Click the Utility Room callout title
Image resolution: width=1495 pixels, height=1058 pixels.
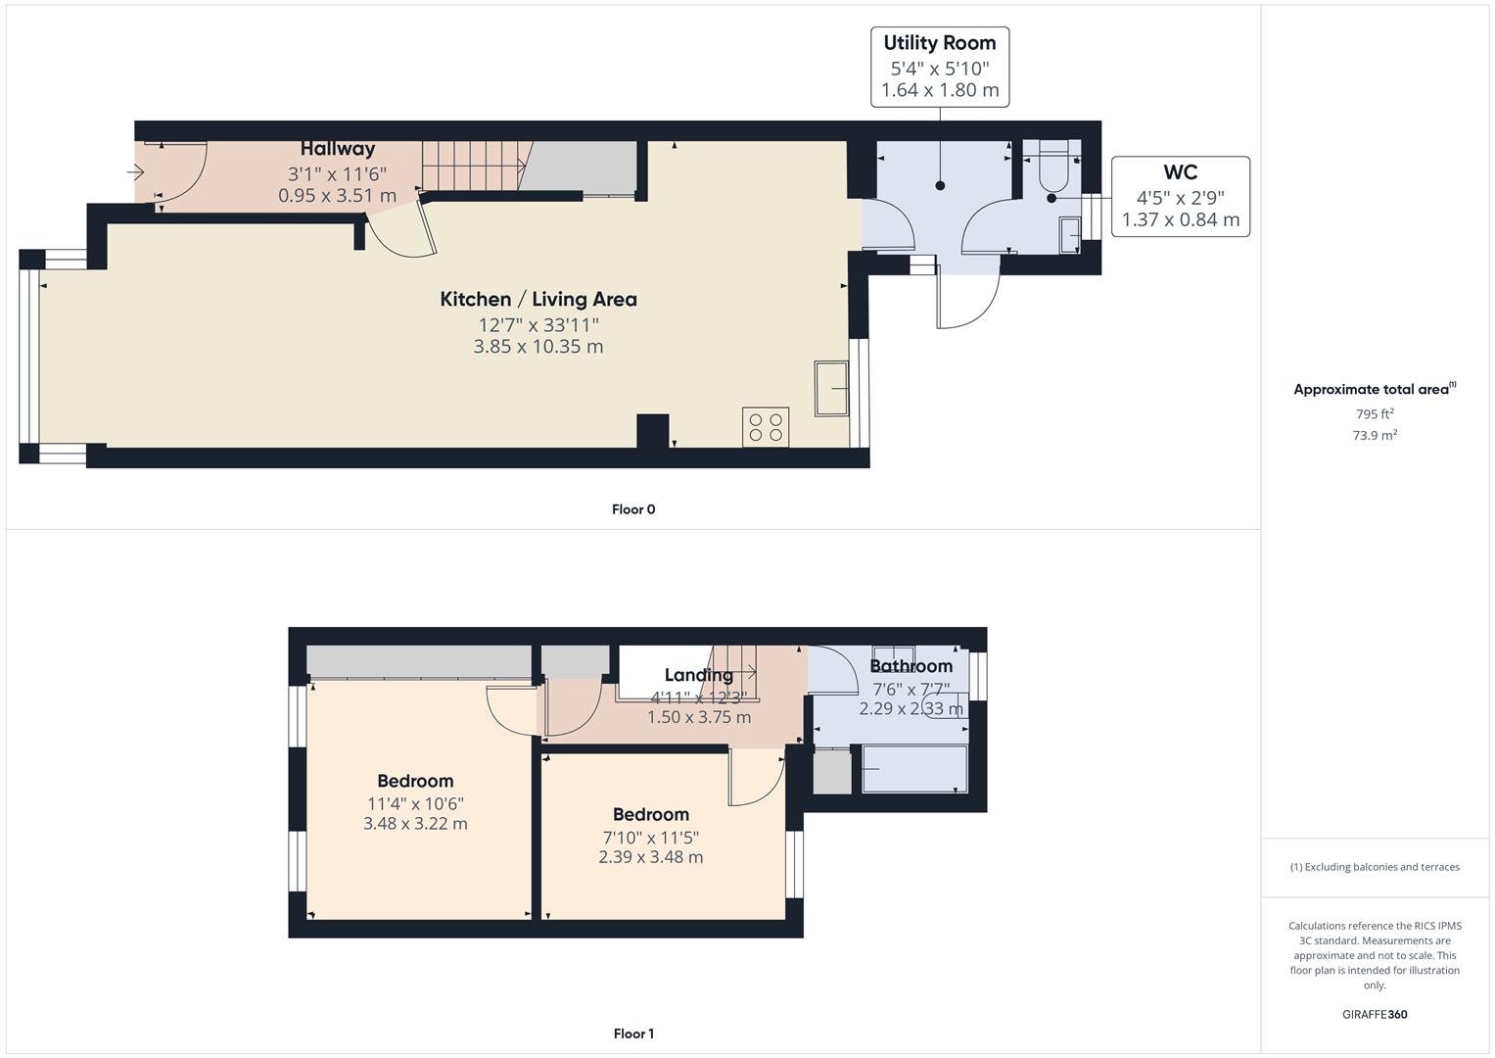click(x=939, y=43)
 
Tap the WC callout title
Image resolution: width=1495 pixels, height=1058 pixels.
click(x=1180, y=172)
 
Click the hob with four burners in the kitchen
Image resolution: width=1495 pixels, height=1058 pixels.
click(x=766, y=427)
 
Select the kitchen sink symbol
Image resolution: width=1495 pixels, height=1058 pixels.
click(x=831, y=389)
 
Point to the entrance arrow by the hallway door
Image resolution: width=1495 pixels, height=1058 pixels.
click(x=135, y=173)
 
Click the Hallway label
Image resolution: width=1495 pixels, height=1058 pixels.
click(x=337, y=149)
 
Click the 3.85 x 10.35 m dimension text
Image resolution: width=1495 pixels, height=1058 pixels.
click(x=537, y=347)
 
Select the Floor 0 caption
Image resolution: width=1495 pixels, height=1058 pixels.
click(x=633, y=509)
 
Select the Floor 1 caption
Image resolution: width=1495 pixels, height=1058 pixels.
click(x=633, y=1034)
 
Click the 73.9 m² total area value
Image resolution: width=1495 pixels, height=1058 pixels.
click(x=1374, y=435)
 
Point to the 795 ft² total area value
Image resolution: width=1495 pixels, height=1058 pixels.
click(x=1374, y=413)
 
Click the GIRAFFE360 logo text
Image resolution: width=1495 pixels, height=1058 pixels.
click(x=1374, y=1014)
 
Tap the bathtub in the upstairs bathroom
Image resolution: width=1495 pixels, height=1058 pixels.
click(x=914, y=769)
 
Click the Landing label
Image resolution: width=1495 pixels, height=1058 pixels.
click(x=698, y=675)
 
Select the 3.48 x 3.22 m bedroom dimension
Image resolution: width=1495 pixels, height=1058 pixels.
click(x=415, y=824)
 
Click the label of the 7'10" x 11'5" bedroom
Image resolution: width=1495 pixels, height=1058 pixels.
click(x=650, y=814)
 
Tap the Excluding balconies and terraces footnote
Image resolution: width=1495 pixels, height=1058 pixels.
click(x=1374, y=867)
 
